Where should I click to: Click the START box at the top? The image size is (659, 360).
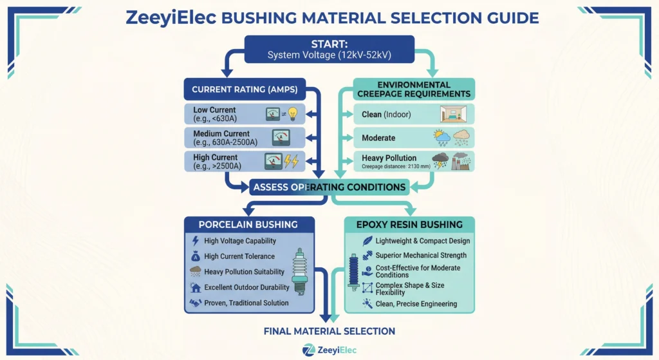[329, 50]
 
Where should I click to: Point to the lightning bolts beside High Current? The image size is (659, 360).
[292, 160]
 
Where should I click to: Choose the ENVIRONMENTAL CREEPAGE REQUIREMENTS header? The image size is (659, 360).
[414, 89]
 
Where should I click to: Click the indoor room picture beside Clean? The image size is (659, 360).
[452, 114]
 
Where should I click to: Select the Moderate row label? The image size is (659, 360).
[378, 138]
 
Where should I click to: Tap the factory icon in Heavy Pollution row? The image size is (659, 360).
[461, 161]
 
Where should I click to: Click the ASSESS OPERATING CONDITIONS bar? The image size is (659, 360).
[329, 187]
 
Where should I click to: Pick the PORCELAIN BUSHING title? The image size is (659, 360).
[248, 225]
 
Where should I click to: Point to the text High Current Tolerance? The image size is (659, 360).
[239, 256]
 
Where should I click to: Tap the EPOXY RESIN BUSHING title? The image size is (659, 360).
[410, 225]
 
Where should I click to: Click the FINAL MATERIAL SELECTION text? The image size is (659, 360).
[329, 331]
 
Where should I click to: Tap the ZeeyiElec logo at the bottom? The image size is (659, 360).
[329, 350]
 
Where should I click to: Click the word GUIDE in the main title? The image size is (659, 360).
[509, 17]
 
